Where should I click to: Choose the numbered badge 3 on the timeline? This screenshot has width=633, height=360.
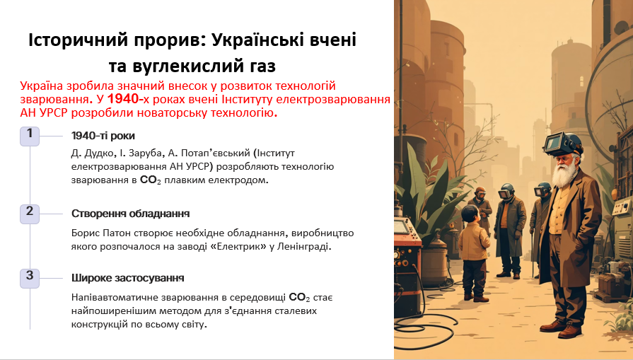30,277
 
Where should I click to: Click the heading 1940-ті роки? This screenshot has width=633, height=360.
103,136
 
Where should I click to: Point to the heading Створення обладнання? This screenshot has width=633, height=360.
130,213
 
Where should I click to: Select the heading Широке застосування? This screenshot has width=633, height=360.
128,278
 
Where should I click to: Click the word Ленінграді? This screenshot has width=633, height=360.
307,247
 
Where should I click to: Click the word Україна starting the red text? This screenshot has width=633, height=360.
41,85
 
